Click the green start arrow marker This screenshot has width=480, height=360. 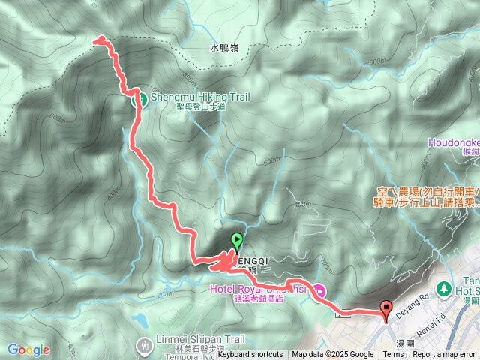click(x=237, y=241)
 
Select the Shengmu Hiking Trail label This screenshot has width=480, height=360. click(x=199, y=97)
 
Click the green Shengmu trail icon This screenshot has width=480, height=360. click(x=139, y=98)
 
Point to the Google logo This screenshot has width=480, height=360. click(x=28, y=349)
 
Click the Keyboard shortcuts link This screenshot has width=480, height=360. click(x=250, y=355)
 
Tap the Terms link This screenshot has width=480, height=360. click(x=393, y=355)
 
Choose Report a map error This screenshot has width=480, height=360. click(x=445, y=355)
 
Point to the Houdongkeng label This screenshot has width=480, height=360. click(x=454, y=141)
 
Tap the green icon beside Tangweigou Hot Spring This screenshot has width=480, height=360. click(x=442, y=288)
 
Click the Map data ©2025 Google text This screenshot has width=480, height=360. click(x=332, y=355)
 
